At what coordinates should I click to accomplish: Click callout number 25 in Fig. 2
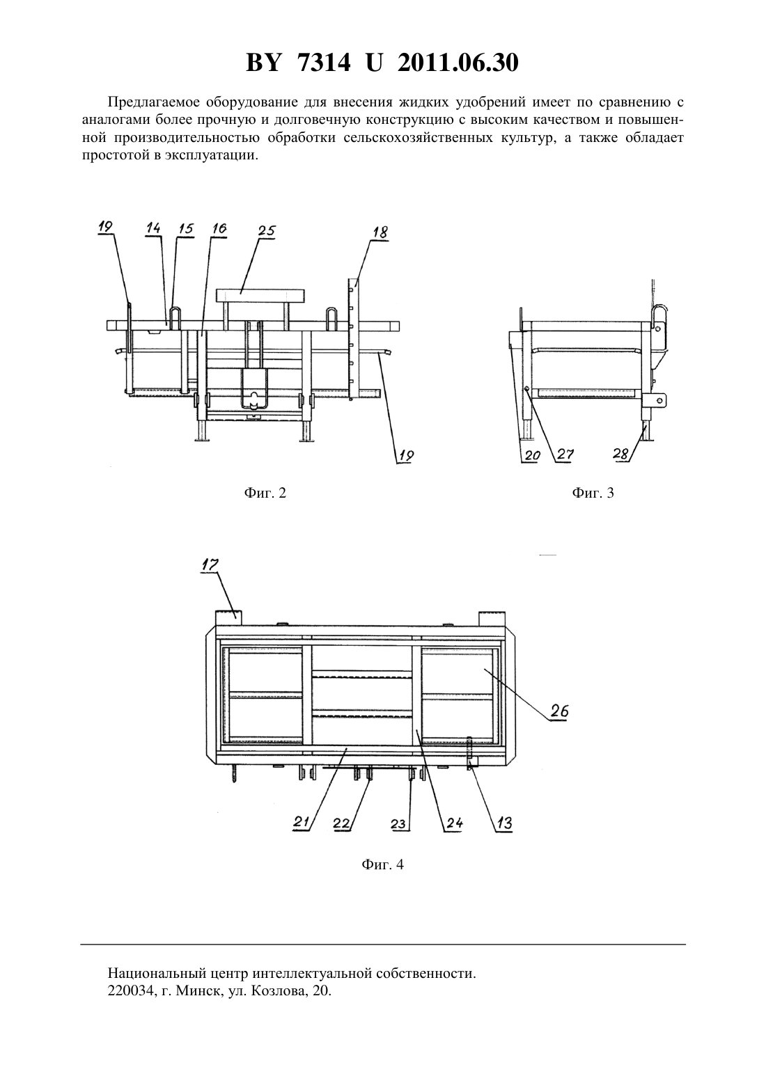coord(267,230)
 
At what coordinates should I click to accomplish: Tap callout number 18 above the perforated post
coord(381,232)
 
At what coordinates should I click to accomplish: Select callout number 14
coord(153,228)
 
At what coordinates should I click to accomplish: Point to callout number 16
coord(219,228)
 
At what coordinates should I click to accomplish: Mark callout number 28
coord(621,454)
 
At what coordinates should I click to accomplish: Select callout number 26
coord(559,711)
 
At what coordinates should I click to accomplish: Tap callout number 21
coord(301,821)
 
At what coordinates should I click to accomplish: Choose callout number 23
coord(398,823)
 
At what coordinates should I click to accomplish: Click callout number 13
coord(504,823)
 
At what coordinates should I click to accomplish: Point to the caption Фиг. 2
coord(265,493)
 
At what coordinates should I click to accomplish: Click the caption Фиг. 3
coord(593,493)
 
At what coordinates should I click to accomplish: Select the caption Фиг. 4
coord(382,864)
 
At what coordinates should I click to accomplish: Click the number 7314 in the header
coord(322,63)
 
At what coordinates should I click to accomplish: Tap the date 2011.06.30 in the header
coord(458,63)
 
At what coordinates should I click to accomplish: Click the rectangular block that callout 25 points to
coord(261,295)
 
